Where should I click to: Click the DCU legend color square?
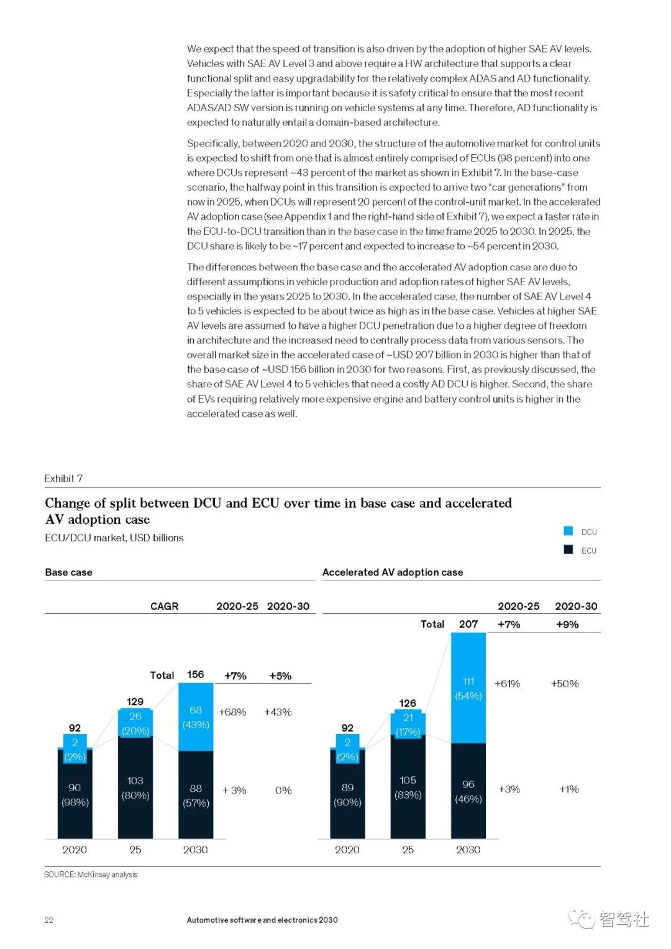click(568, 531)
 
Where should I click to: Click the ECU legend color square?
click(568, 549)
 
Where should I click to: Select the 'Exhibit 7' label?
click(63, 479)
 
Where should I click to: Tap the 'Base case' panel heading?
click(68, 572)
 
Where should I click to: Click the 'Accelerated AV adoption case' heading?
click(392, 572)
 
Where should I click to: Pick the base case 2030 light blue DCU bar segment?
click(196, 717)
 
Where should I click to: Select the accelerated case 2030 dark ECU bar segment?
click(468, 791)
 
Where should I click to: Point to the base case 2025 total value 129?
click(135, 702)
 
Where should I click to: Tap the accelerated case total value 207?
click(468, 624)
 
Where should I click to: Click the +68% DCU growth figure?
click(232, 712)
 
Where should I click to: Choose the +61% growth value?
click(507, 684)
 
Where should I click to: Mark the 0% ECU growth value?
click(283, 791)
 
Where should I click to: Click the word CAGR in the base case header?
click(164, 606)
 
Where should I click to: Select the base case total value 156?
click(196, 675)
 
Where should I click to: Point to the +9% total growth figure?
click(567, 625)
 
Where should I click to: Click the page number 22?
click(49, 920)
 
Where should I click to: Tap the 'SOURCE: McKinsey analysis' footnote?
click(91, 874)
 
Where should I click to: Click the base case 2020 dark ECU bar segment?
click(75, 794)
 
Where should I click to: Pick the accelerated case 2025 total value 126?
click(408, 704)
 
